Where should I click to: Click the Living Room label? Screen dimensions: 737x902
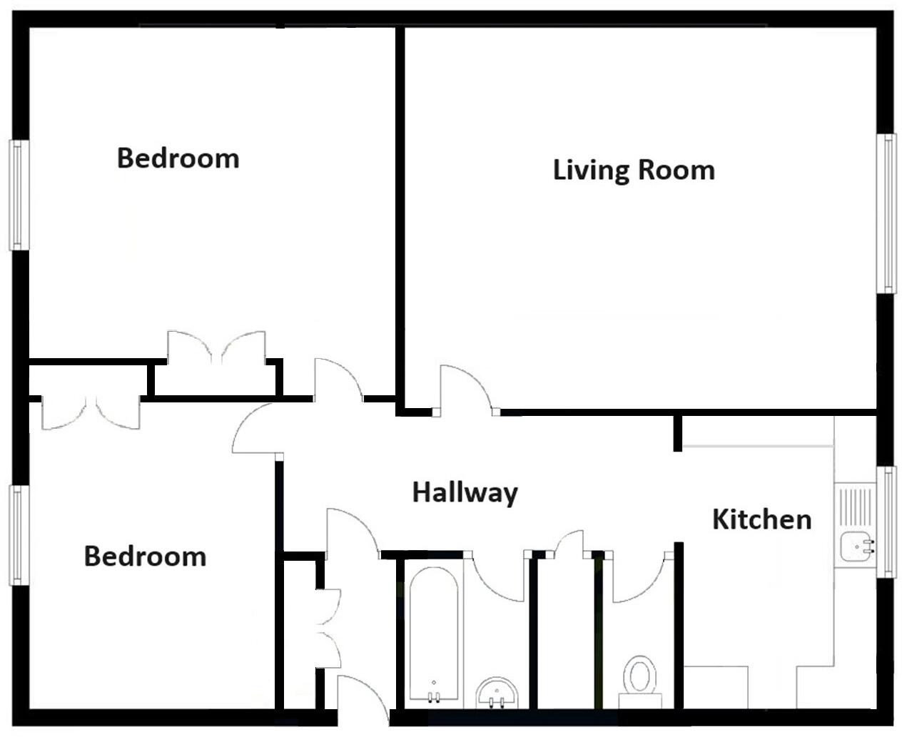[634, 171]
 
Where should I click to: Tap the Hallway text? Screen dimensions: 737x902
[465, 493]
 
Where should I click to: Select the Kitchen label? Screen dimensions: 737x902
[761, 519]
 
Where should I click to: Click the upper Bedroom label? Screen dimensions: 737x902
[178, 158]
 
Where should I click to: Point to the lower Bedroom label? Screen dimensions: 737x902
[145, 556]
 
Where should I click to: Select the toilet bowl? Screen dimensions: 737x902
[639, 675]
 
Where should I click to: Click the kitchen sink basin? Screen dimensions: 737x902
[853, 547]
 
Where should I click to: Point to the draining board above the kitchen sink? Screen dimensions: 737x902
[855, 507]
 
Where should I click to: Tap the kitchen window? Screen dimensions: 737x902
[887, 521]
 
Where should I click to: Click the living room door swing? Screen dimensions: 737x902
[462, 389]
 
